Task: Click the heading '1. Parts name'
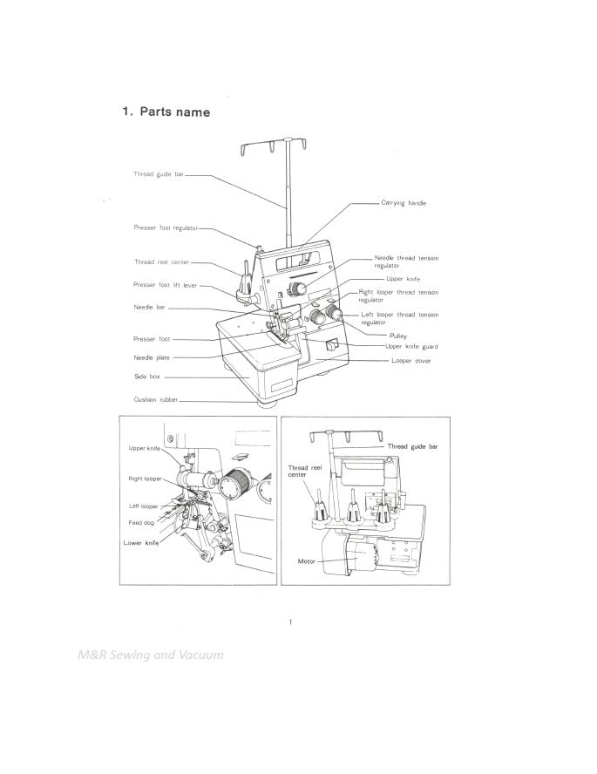click(166, 112)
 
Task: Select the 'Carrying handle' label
click(404, 202)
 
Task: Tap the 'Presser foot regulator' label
click(166, 228)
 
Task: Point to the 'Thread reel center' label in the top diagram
click(161, 261)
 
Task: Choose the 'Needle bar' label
click(149, 307)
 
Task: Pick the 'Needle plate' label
click(152, 357)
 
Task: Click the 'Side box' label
click(146, 377)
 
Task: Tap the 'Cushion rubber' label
click(155, 399)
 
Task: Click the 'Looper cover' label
click(410, 360)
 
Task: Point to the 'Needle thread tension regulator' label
click(406, 261)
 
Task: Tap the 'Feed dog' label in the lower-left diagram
click(141, 522)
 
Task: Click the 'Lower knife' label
click(140, 541)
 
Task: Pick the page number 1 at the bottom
click(290, 621)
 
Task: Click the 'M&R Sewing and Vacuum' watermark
click(149, 655)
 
